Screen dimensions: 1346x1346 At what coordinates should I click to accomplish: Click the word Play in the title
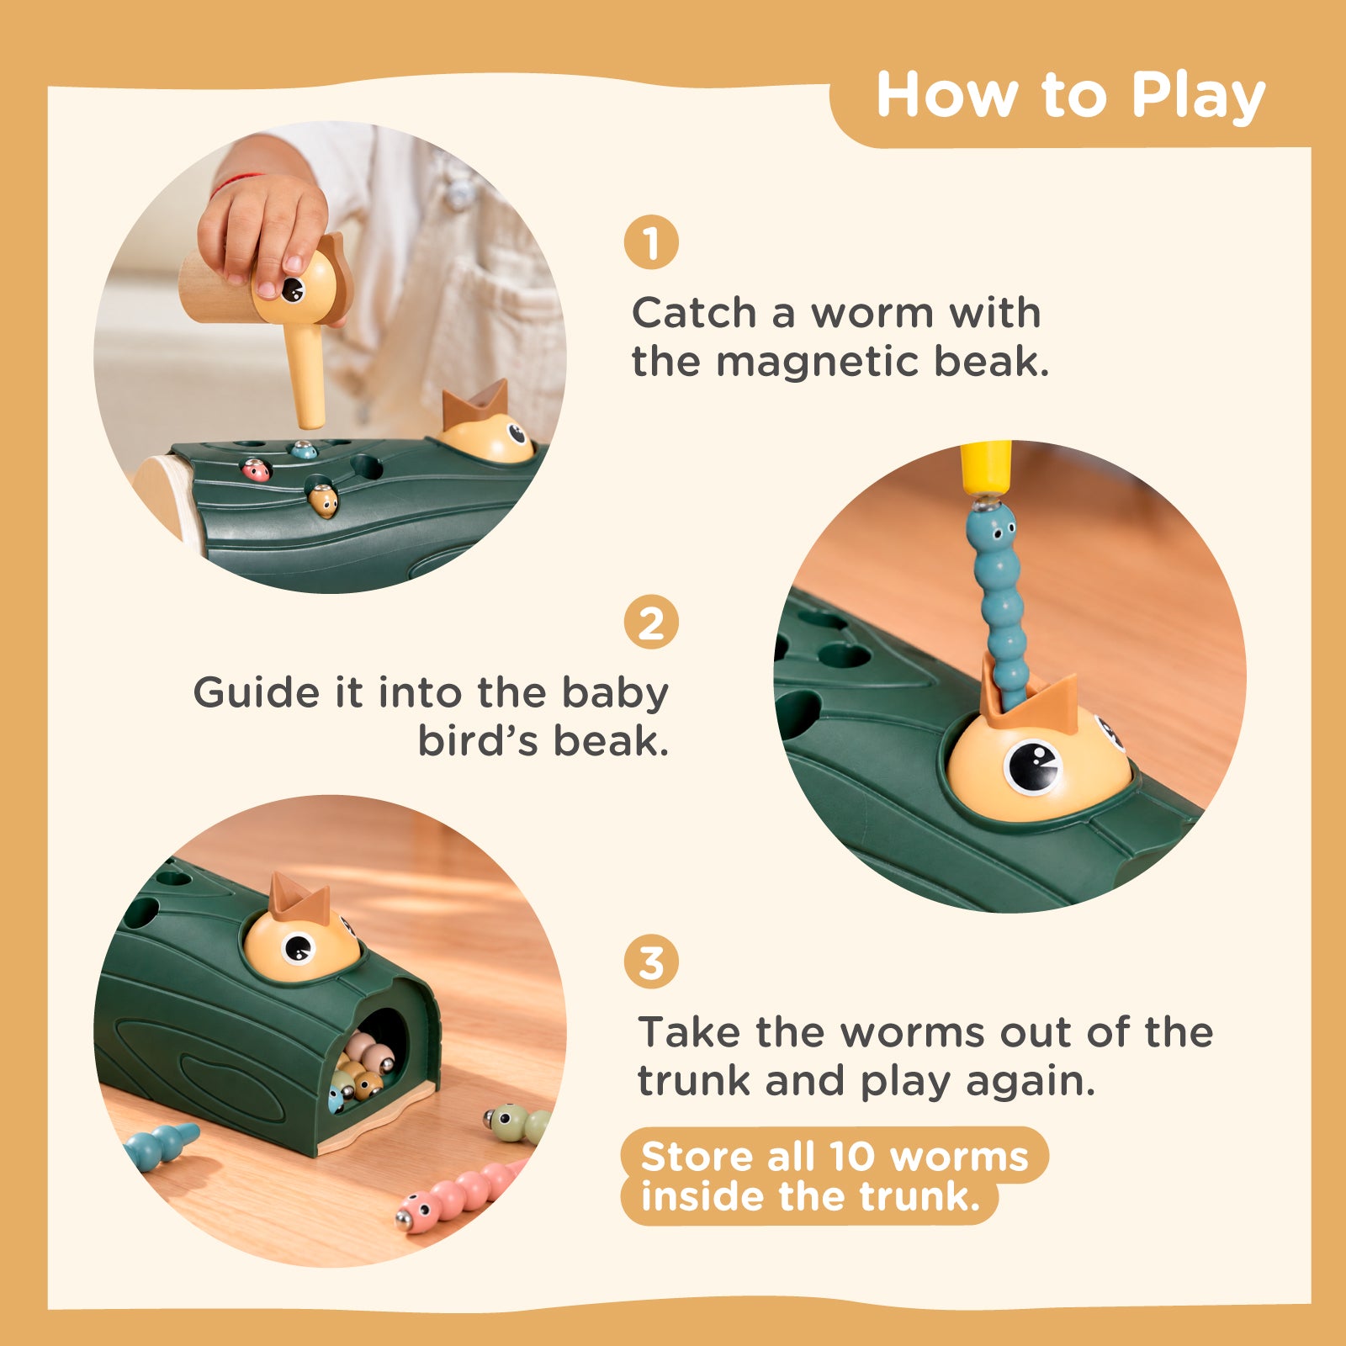(1198, 97)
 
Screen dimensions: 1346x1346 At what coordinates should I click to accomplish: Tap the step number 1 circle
(651, 242)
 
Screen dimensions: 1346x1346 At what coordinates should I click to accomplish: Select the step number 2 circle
(651, 623)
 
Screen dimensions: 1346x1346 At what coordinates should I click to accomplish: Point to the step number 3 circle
(651, 962)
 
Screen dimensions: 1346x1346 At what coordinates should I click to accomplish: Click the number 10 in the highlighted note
(853, 1158)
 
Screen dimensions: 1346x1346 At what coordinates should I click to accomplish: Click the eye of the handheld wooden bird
(292, 289)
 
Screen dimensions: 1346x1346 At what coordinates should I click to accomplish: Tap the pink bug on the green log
(256, 469)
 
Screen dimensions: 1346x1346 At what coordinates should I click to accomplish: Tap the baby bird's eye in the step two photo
(1032, 766)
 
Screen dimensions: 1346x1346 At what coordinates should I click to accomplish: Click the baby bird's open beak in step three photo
(299, 898)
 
